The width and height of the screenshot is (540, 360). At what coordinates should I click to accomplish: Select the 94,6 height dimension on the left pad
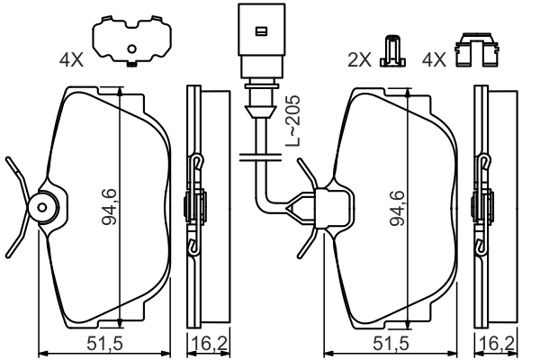coord(109,208)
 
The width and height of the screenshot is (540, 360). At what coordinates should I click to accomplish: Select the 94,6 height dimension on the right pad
coord(399,208)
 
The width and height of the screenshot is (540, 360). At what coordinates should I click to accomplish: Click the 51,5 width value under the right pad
coord(391,344)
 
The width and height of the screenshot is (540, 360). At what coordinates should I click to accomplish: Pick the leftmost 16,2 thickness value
coord(201,344)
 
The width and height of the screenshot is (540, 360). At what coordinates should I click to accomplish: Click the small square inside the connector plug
coord(259,31)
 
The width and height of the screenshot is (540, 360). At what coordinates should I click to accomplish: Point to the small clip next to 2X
coord(390,53)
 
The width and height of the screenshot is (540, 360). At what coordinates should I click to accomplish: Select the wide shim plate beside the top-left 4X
coord(131,40)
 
